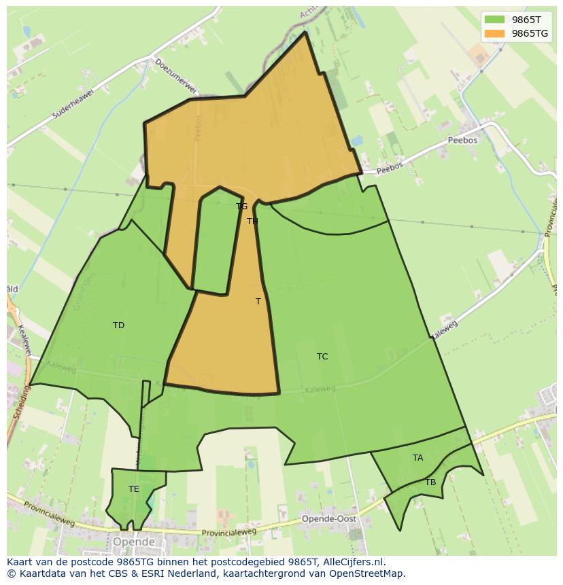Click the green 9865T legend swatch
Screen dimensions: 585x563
(494, 20)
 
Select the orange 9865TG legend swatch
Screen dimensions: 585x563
(494, 33)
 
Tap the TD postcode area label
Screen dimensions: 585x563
(118, 325)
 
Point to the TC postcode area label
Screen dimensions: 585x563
(322, 357)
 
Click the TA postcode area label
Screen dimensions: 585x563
(417, 458)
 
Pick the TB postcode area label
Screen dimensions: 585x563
(430, 482)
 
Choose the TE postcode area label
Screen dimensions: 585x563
(134, 489)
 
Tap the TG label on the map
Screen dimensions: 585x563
(241, 207)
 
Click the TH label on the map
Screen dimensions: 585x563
(252, 221)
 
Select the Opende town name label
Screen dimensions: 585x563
(134, 542)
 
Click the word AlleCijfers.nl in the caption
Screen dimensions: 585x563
(353, 562)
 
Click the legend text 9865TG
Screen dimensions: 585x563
(530, 33)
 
